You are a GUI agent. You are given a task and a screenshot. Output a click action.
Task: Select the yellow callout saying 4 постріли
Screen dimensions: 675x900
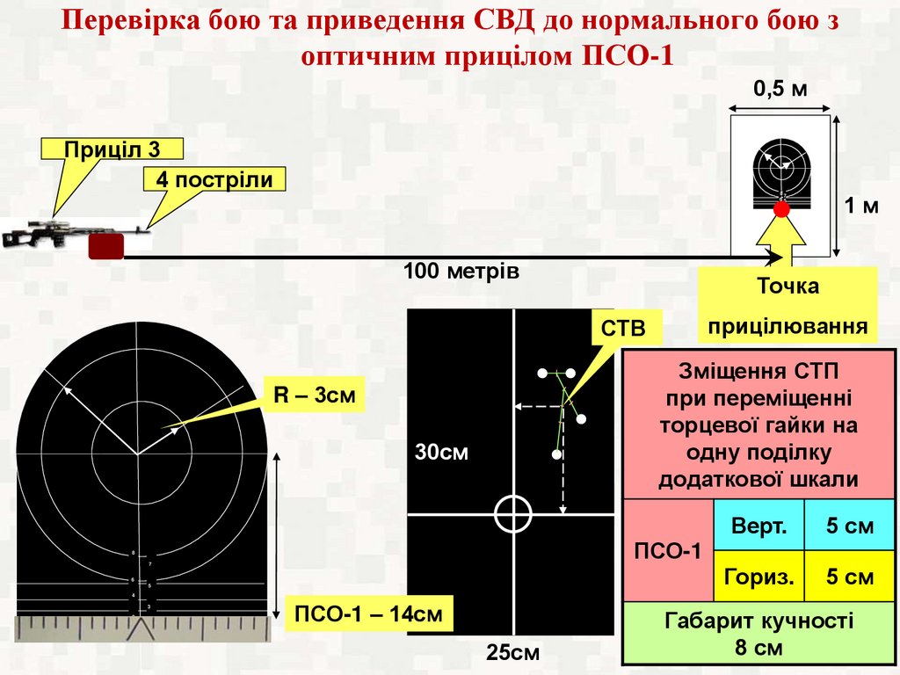pos(214,181)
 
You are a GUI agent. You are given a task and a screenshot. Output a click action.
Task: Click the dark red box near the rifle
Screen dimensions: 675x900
pos(105,245)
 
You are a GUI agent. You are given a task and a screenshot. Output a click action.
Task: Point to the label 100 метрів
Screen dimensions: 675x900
pos(461,272)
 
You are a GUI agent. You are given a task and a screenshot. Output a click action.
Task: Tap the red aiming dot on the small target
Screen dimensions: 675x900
pos(780,209)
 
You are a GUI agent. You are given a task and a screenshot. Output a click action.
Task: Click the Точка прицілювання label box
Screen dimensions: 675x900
pos(787,306)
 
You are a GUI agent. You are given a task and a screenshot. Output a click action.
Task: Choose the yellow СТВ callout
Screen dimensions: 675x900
pos(622,328)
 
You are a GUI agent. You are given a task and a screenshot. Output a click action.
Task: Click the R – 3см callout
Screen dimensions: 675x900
pos(313,396)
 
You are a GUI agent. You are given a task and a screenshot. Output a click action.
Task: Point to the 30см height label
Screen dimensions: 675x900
pos(442,454)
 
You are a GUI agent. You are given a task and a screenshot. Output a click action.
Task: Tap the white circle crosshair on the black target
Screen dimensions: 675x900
pos(513,513)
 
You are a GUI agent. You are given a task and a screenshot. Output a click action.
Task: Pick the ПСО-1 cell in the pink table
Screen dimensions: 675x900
pos(668,551)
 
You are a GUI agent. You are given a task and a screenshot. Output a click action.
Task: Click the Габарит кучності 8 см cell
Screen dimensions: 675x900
pos(758,633)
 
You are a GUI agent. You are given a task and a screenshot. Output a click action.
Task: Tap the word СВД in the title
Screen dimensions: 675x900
pos(508,23)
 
